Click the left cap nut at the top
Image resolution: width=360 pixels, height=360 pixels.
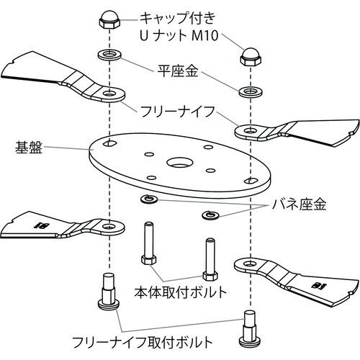tap(109, 19)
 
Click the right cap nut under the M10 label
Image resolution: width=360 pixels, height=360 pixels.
tap(251, 57)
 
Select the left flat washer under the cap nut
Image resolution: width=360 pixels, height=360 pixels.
tap(109, 54)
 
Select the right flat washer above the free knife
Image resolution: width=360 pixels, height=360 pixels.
tap(251, 91)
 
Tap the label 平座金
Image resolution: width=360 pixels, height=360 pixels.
tap(178, 71)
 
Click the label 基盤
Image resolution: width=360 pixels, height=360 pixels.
tap(29, 147)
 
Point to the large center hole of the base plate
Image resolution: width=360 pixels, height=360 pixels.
tap(179, 163)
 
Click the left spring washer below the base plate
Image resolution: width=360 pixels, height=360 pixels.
tap(149, 199)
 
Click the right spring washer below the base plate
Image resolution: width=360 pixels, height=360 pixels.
tap(210, 215)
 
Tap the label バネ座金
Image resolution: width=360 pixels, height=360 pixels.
tap(299, 204)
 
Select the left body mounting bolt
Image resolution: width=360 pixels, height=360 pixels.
tap(149, 243)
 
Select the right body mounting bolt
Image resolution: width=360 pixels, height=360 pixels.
tap(210, 258)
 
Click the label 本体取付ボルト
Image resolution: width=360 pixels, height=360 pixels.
tap(181, 292)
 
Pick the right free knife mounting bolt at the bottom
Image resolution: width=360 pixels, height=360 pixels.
tap(250, 329)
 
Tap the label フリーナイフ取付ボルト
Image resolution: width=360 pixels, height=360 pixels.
tap(143, 342)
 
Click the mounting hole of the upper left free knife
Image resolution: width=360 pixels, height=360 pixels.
tap(109, 93)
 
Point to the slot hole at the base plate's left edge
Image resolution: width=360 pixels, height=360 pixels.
tap(110, 143)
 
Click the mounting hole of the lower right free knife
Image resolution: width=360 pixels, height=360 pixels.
tap(250, 264)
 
